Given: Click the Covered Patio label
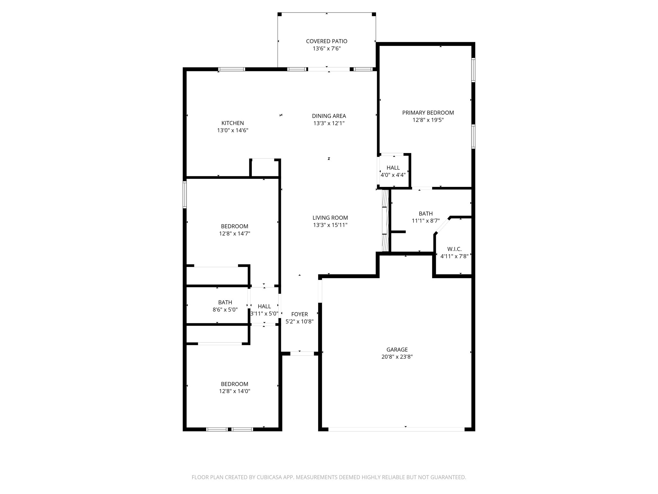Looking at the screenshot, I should pos(326,41).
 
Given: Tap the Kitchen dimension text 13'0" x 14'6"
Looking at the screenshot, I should pos(233,130).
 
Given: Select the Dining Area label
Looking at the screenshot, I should pos(329,116).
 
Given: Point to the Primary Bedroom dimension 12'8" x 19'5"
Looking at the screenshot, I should pos(428,120).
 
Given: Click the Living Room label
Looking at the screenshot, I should pos(330,218).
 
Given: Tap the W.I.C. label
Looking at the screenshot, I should pos(454,249).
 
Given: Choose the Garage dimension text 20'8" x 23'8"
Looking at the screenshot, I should pos(397,357).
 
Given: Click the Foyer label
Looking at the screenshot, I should pos(299,314).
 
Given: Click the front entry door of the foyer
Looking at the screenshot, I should pos(302,353).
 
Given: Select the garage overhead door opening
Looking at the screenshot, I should pos(396,429).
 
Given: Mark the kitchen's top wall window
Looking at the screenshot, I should pos(232,69).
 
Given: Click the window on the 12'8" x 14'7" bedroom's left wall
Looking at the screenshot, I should pos(185,195).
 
